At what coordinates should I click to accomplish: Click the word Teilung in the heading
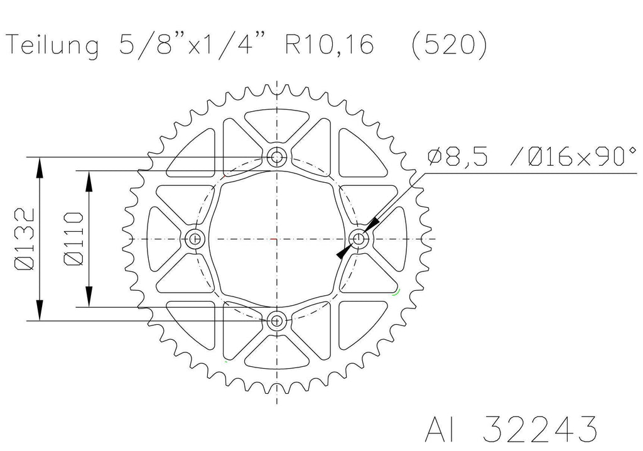(53, 46)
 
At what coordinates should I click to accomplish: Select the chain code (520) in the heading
(449, 45)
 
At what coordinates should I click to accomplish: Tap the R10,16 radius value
(329, 45)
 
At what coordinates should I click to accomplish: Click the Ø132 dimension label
(25, 239)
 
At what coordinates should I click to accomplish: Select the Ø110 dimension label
(74, 239)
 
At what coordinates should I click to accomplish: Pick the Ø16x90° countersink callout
(574, 156)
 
